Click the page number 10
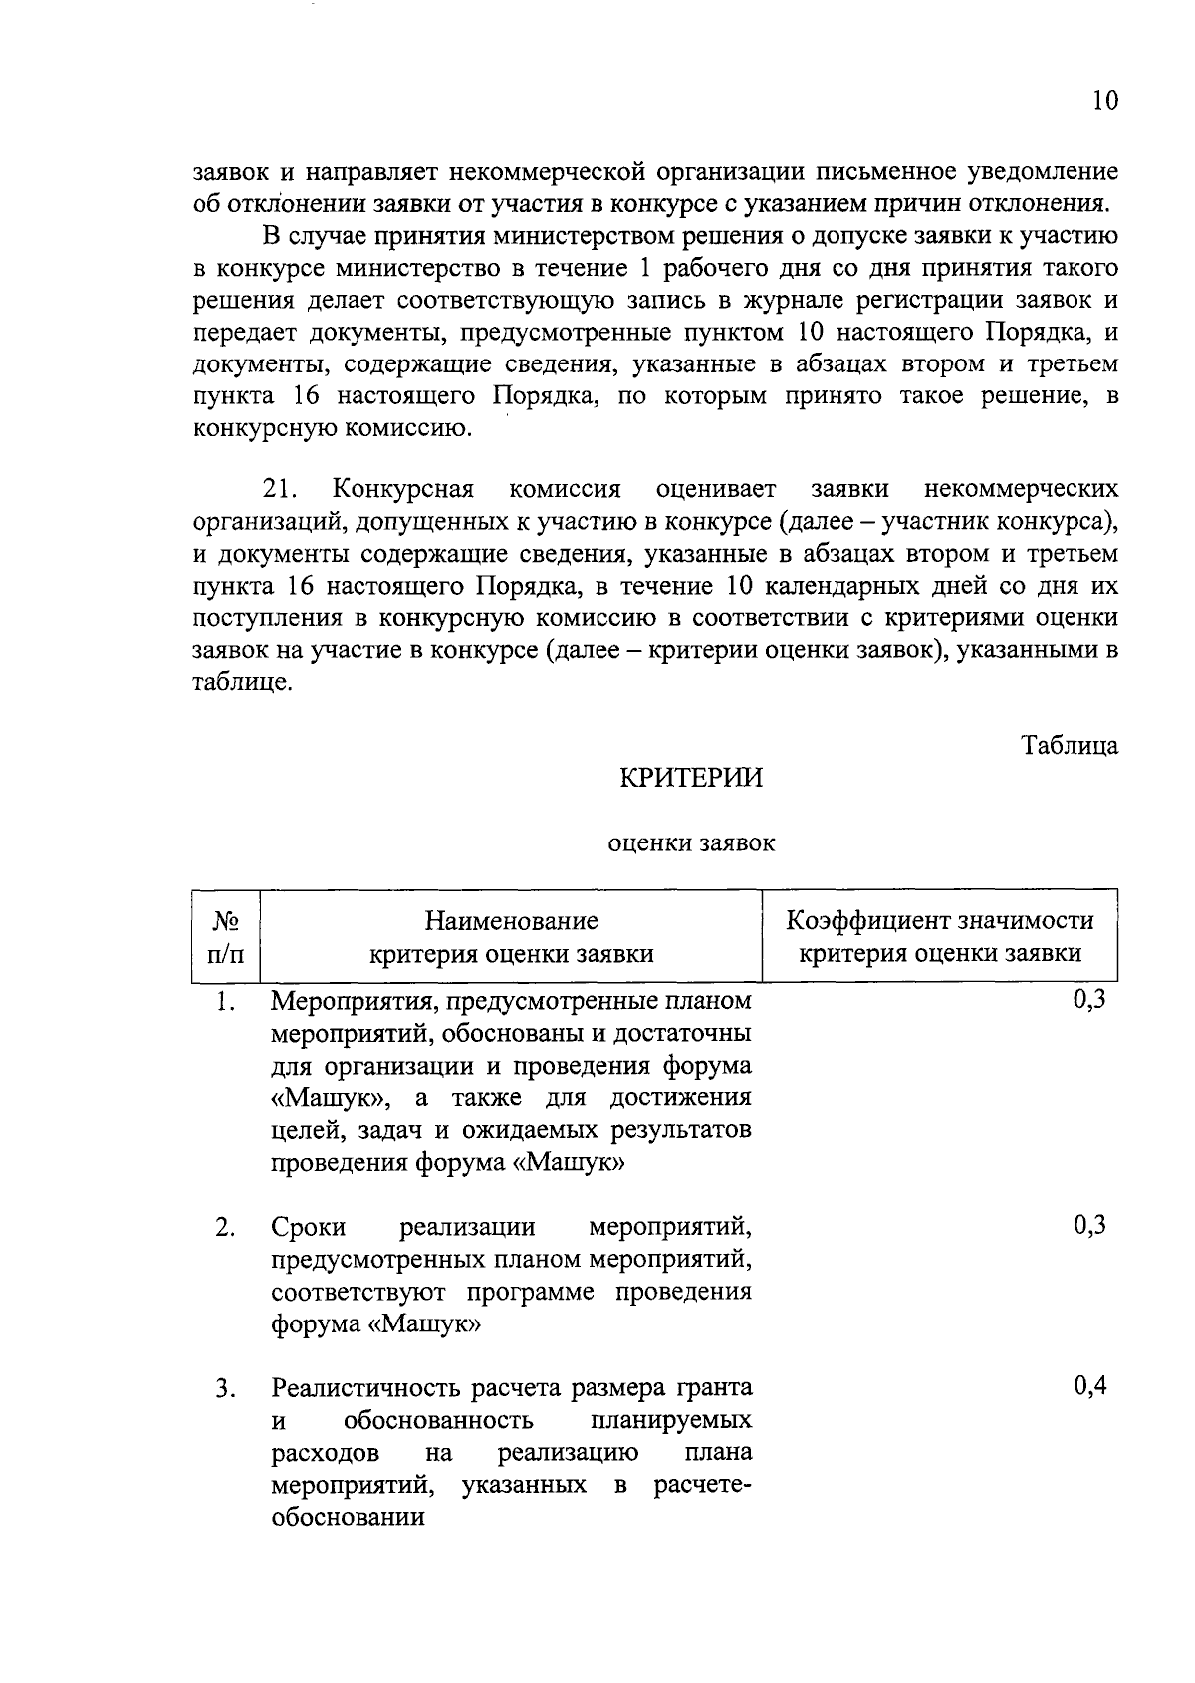1104,101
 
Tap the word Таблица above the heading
1070,745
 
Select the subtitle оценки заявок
691,843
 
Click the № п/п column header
225,937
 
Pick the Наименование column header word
512,920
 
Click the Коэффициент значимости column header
939,920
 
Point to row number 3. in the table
225,1388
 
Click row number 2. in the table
225,1228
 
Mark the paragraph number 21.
281,490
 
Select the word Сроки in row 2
309,1228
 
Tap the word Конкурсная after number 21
403,490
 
